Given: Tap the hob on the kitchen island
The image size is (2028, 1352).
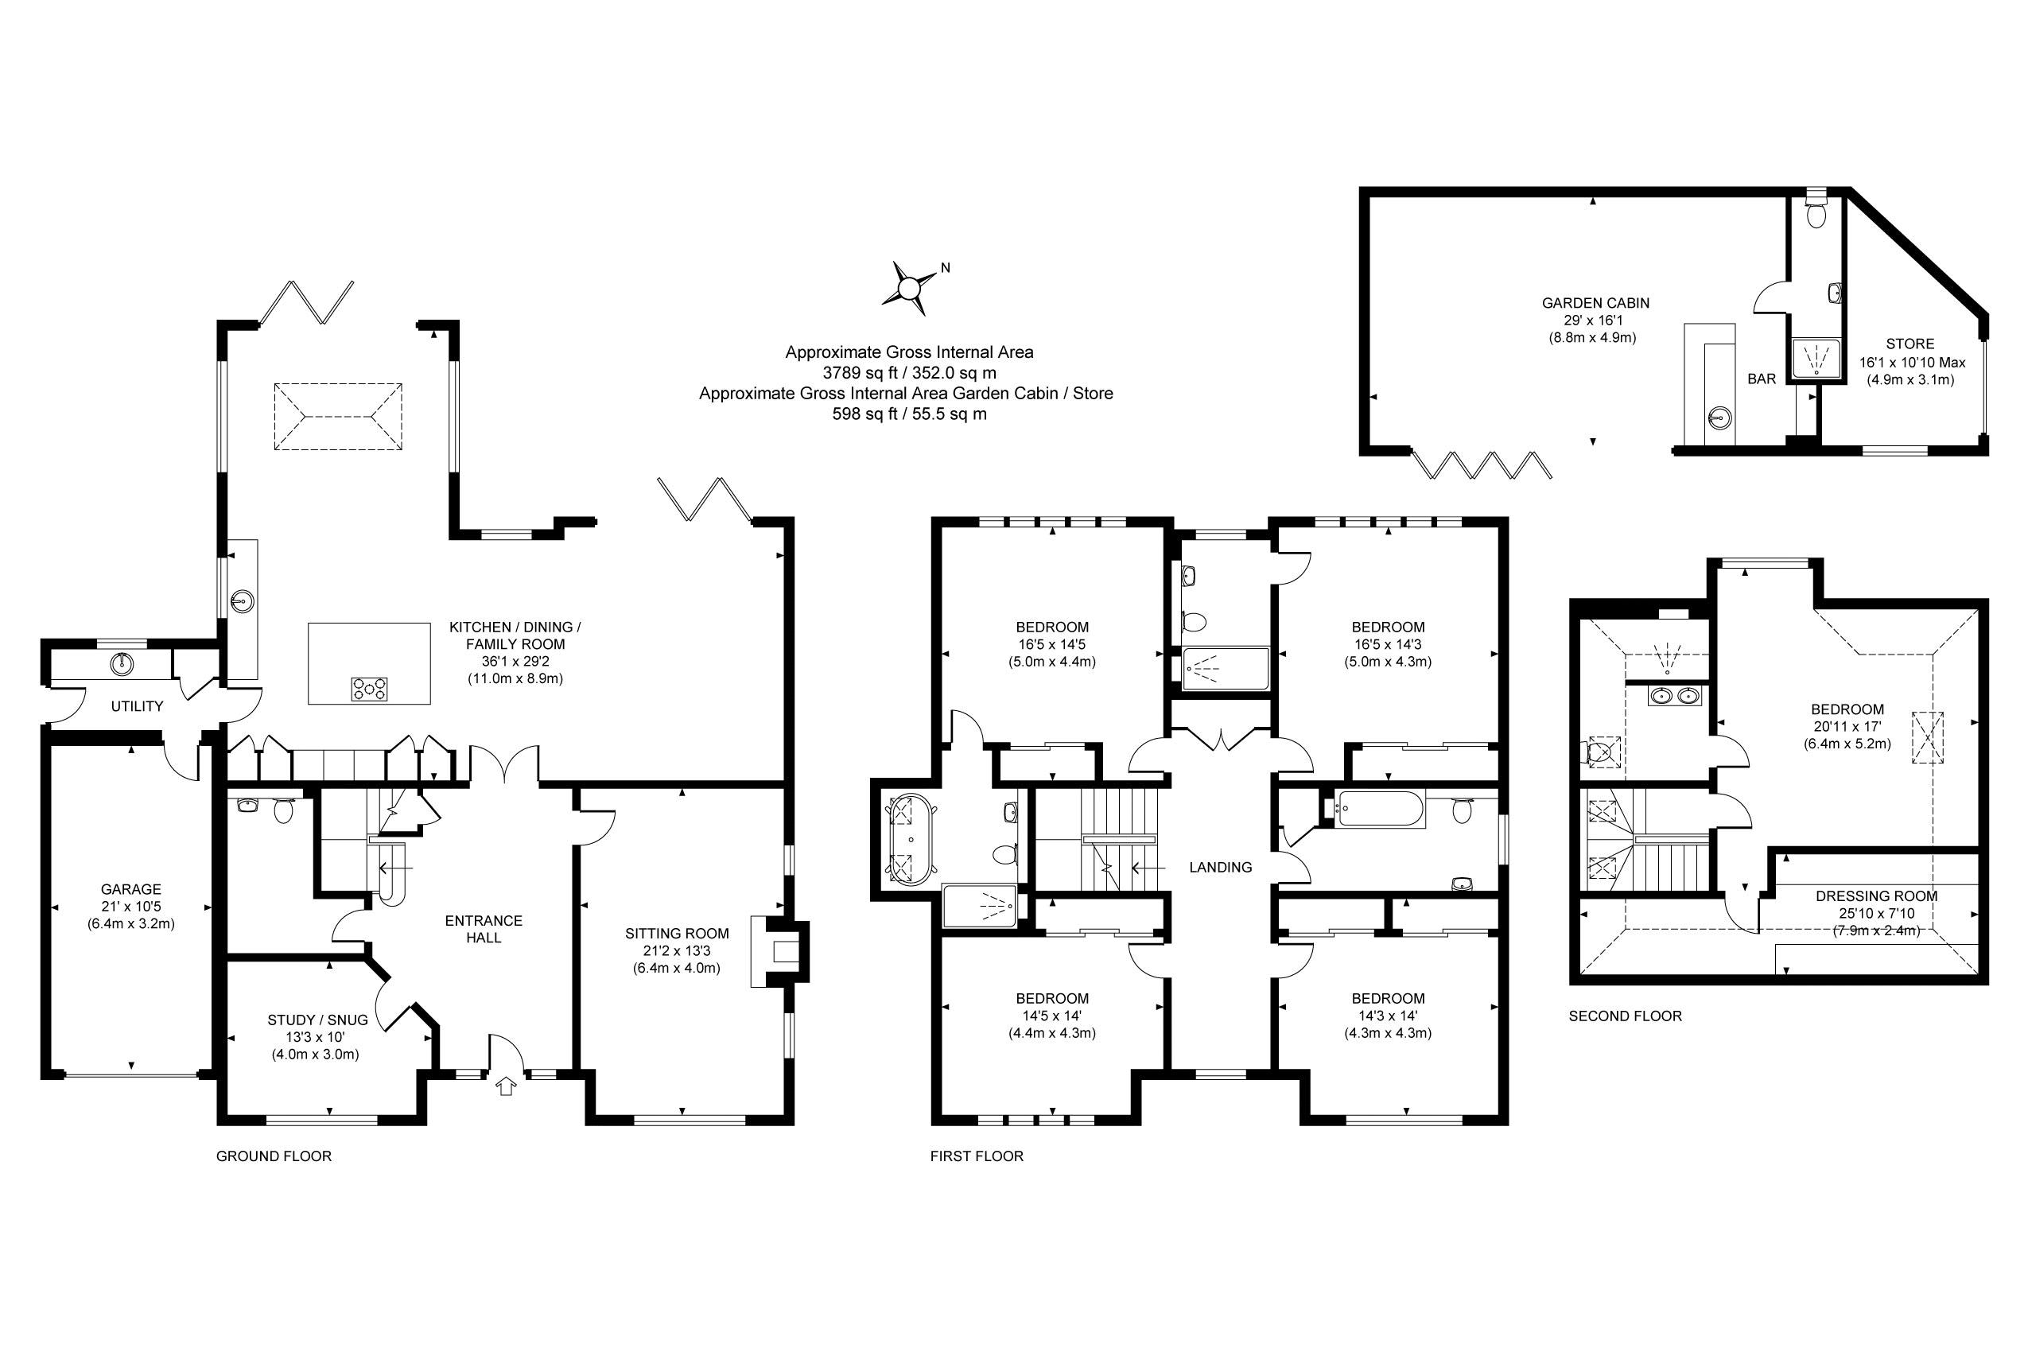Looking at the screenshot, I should coord(369,689).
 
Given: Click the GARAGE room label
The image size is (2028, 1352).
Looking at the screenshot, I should coord(131,889).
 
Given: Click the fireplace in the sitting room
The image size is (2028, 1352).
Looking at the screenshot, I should coord(783,952).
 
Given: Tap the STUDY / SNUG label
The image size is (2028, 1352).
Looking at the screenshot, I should coord(317,1020).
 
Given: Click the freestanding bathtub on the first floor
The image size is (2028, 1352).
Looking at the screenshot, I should coord(904,841).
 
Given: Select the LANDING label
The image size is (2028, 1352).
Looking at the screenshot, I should coord(1220,868).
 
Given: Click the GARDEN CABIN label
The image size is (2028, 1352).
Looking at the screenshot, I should coord(1595,303).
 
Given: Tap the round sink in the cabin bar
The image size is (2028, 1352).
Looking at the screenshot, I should coord(1719,419).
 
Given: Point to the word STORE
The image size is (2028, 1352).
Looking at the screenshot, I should coord(1910,344).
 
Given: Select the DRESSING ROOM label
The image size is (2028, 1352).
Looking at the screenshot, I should coord(1876,896).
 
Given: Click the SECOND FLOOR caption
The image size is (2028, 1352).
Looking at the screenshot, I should coord(1625,1016).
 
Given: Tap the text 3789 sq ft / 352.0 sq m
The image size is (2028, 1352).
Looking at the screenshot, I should coord(909,372).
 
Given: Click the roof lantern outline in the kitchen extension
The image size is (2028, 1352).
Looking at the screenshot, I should coord(338,417).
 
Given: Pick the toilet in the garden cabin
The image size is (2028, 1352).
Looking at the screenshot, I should coord(1816,213).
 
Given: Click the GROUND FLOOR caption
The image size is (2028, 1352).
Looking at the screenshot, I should coord(274,1156).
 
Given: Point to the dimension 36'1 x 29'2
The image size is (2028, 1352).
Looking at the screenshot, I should coord(515,662).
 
